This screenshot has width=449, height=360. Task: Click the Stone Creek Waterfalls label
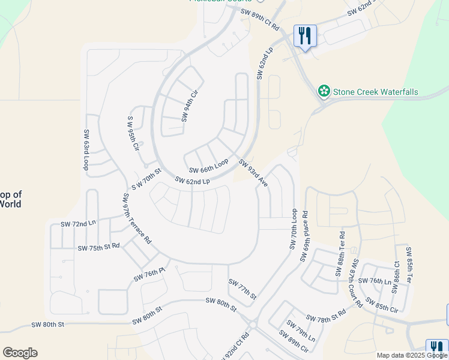coord(375,92)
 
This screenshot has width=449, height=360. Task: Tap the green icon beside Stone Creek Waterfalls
coord(324,91)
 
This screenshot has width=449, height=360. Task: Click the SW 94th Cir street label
coord(190,106)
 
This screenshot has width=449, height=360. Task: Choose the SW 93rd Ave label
coord(253,173)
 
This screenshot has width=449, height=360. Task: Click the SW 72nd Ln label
coord(78,224)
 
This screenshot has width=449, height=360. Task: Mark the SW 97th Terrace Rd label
coord(137,218)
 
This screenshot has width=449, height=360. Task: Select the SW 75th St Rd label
coord(98,247)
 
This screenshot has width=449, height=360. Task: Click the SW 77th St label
coord(243,289)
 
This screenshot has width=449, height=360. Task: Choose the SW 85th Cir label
coord(386,307)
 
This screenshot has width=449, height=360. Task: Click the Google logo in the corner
coord(20,353)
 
